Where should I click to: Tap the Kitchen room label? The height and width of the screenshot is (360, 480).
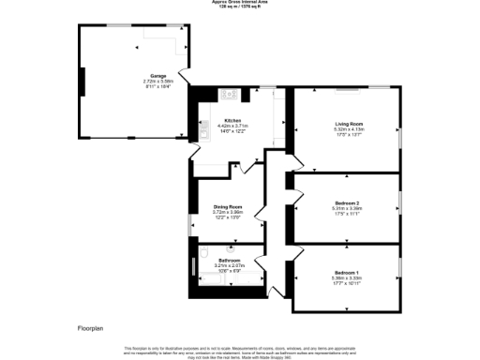232,121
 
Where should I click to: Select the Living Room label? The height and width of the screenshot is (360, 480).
349,123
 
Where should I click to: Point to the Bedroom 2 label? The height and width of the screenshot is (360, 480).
348,202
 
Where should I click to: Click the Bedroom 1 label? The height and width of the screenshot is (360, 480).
348,272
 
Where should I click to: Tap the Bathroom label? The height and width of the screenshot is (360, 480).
230,260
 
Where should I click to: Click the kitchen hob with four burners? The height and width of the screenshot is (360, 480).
228,95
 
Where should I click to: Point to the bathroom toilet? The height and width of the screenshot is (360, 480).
204,254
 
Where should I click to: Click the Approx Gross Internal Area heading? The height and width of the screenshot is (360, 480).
239,3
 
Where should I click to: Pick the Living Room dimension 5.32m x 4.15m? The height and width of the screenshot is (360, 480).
349,128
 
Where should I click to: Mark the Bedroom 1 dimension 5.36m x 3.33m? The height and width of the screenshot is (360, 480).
348,277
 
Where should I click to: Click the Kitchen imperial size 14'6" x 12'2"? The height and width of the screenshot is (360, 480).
232,132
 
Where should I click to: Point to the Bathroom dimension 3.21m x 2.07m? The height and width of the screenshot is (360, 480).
230,265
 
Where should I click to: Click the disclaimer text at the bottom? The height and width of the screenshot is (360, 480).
239,351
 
